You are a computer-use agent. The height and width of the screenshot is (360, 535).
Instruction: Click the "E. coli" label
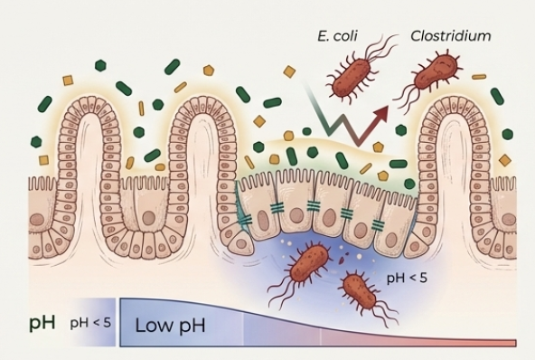[x=337, y=36]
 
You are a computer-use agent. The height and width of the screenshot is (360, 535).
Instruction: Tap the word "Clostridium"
[x=451, y=35]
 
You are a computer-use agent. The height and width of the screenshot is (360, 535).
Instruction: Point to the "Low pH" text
[x=170, y=325]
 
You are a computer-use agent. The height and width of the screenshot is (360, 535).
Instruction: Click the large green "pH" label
[x=42, y=322]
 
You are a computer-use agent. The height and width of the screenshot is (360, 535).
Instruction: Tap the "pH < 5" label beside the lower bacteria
[x=407, y=278]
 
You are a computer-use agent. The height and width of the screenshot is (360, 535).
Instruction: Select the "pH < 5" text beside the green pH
[x=90, y=323]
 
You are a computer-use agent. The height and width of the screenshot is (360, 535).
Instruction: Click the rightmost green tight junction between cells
[x=378, y=224]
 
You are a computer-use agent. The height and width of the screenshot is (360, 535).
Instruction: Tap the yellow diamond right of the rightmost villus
[x=505, y=159]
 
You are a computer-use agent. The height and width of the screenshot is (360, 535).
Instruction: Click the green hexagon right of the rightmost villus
[x=507, y=134]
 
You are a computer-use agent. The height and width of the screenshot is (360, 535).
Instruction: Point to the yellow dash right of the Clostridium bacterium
[x=479, y=77]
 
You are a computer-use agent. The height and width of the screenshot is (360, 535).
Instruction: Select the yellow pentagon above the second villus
[x=209, y=71]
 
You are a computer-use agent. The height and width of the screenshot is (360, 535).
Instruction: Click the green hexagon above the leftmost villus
[x=100, y=65]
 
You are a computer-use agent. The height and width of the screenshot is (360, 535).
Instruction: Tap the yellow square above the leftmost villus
[x=69, y=81]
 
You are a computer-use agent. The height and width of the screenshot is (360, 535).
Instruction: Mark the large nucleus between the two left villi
[x=148, y=218]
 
